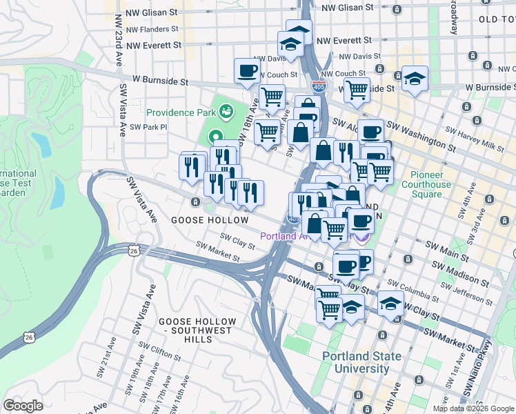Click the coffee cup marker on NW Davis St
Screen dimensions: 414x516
pos(247,71)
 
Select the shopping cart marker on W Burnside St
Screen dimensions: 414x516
pos(357,88)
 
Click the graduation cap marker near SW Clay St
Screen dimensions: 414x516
pos(390,304)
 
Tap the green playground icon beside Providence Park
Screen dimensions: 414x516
pos(226,110)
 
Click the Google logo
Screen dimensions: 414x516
pos(23,406)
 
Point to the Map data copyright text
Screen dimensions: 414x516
pos(473,408)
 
